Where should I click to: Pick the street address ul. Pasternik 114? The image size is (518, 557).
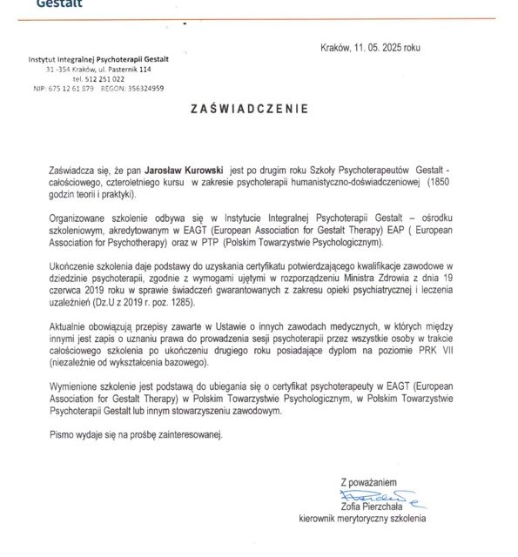pos(118,68)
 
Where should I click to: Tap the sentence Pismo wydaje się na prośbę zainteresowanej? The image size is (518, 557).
pos(136,433)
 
